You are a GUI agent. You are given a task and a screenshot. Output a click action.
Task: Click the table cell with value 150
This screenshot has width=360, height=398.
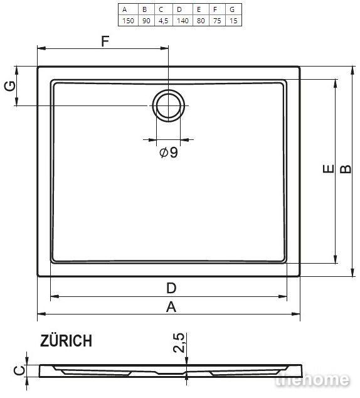click(128, 21)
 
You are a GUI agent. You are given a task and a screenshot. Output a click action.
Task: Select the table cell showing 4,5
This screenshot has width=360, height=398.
click(164, 21)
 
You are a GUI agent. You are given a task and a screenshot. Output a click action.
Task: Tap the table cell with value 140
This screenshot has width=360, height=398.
click(183, 21)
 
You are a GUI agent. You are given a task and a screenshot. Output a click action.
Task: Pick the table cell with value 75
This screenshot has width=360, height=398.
click(217, 21)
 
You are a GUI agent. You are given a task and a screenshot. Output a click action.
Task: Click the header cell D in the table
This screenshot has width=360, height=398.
click(183, 9)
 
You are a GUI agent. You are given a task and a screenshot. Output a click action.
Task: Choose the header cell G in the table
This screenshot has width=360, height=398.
click(233, 9)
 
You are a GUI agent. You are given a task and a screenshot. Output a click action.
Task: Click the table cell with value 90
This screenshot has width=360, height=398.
click(146, 21)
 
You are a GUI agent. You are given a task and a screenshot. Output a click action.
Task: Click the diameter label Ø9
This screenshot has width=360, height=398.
click(169, 153)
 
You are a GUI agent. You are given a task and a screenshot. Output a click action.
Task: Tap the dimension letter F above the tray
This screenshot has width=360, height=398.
click(105, 41)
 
